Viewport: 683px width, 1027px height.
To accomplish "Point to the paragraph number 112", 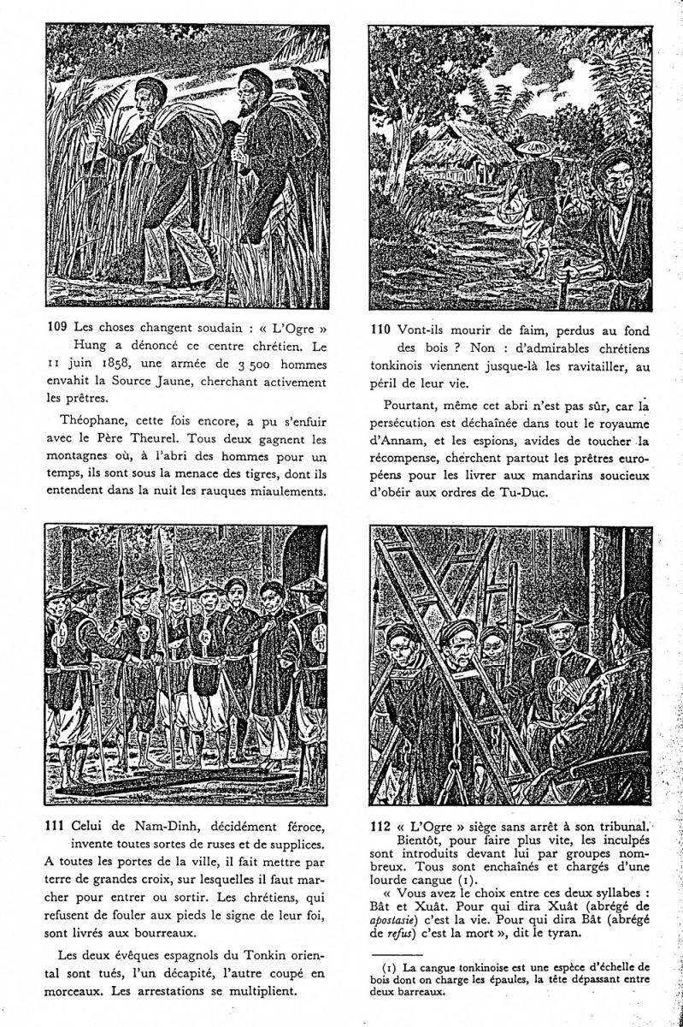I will (x=381, y=826).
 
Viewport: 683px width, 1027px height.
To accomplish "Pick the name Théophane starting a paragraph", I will (x=93, y=419).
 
